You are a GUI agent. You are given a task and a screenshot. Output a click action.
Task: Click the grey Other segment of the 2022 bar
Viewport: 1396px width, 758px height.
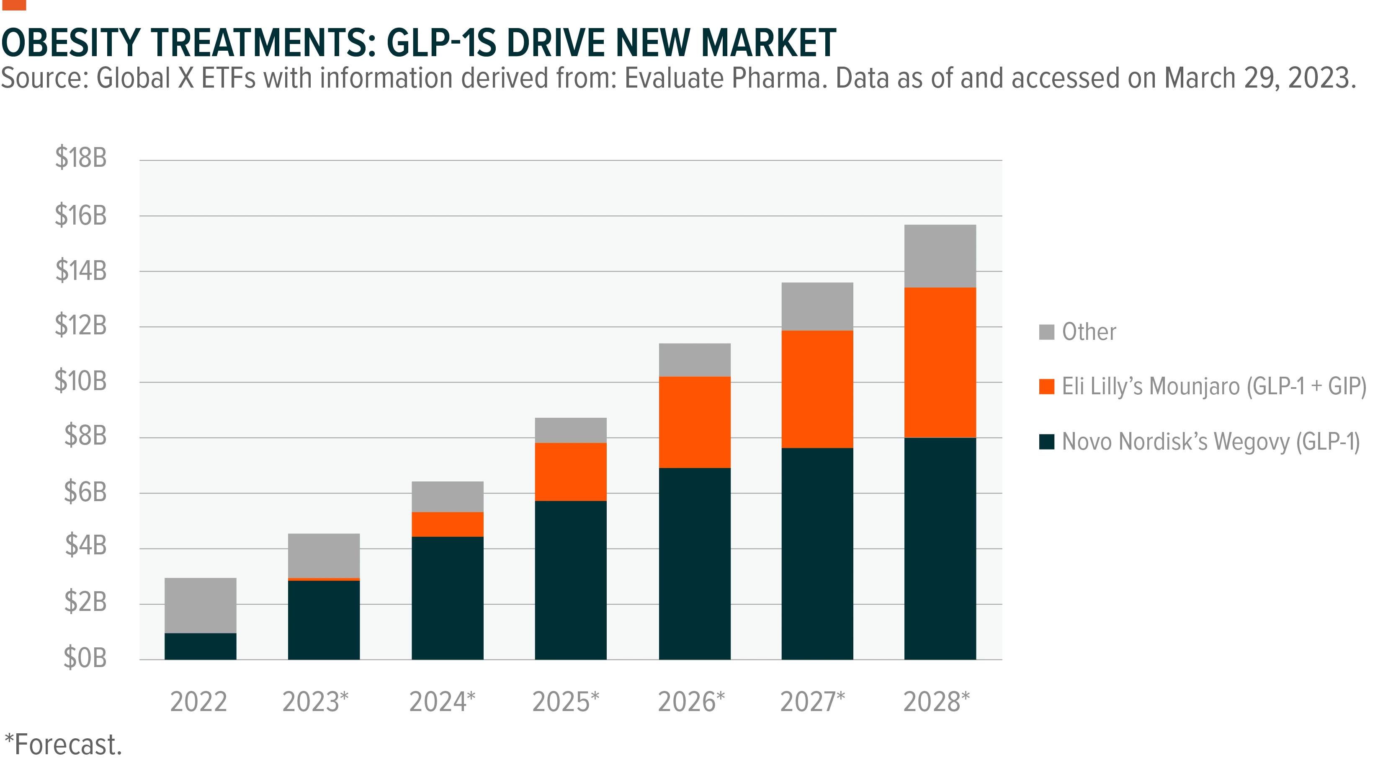tap(201, 605)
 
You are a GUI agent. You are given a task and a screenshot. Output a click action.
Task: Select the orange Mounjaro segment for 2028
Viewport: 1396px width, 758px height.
tap(940, 362)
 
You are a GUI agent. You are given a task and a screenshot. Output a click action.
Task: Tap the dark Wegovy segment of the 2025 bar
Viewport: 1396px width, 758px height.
tap(571, 580)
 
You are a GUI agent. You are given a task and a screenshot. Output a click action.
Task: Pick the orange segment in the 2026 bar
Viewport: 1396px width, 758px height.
tap(695, 422)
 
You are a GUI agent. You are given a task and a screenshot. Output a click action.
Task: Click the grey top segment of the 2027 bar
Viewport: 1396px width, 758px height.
tap(817, 306)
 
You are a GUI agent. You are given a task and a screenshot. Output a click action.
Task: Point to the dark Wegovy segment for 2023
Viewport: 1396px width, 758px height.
tap(324, 620)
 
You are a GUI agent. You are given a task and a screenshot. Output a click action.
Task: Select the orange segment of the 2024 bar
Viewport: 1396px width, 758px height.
tap(448, 524)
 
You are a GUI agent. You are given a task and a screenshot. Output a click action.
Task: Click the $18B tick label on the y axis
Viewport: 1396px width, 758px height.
tap(81, 158)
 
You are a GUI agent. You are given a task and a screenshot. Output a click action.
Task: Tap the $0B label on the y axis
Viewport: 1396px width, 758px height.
tap(85, 658)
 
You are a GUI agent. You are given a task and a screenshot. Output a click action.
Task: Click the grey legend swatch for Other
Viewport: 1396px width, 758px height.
tap(1046, 332)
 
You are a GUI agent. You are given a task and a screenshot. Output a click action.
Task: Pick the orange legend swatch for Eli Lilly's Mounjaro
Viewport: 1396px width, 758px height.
tap(1046, 387)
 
